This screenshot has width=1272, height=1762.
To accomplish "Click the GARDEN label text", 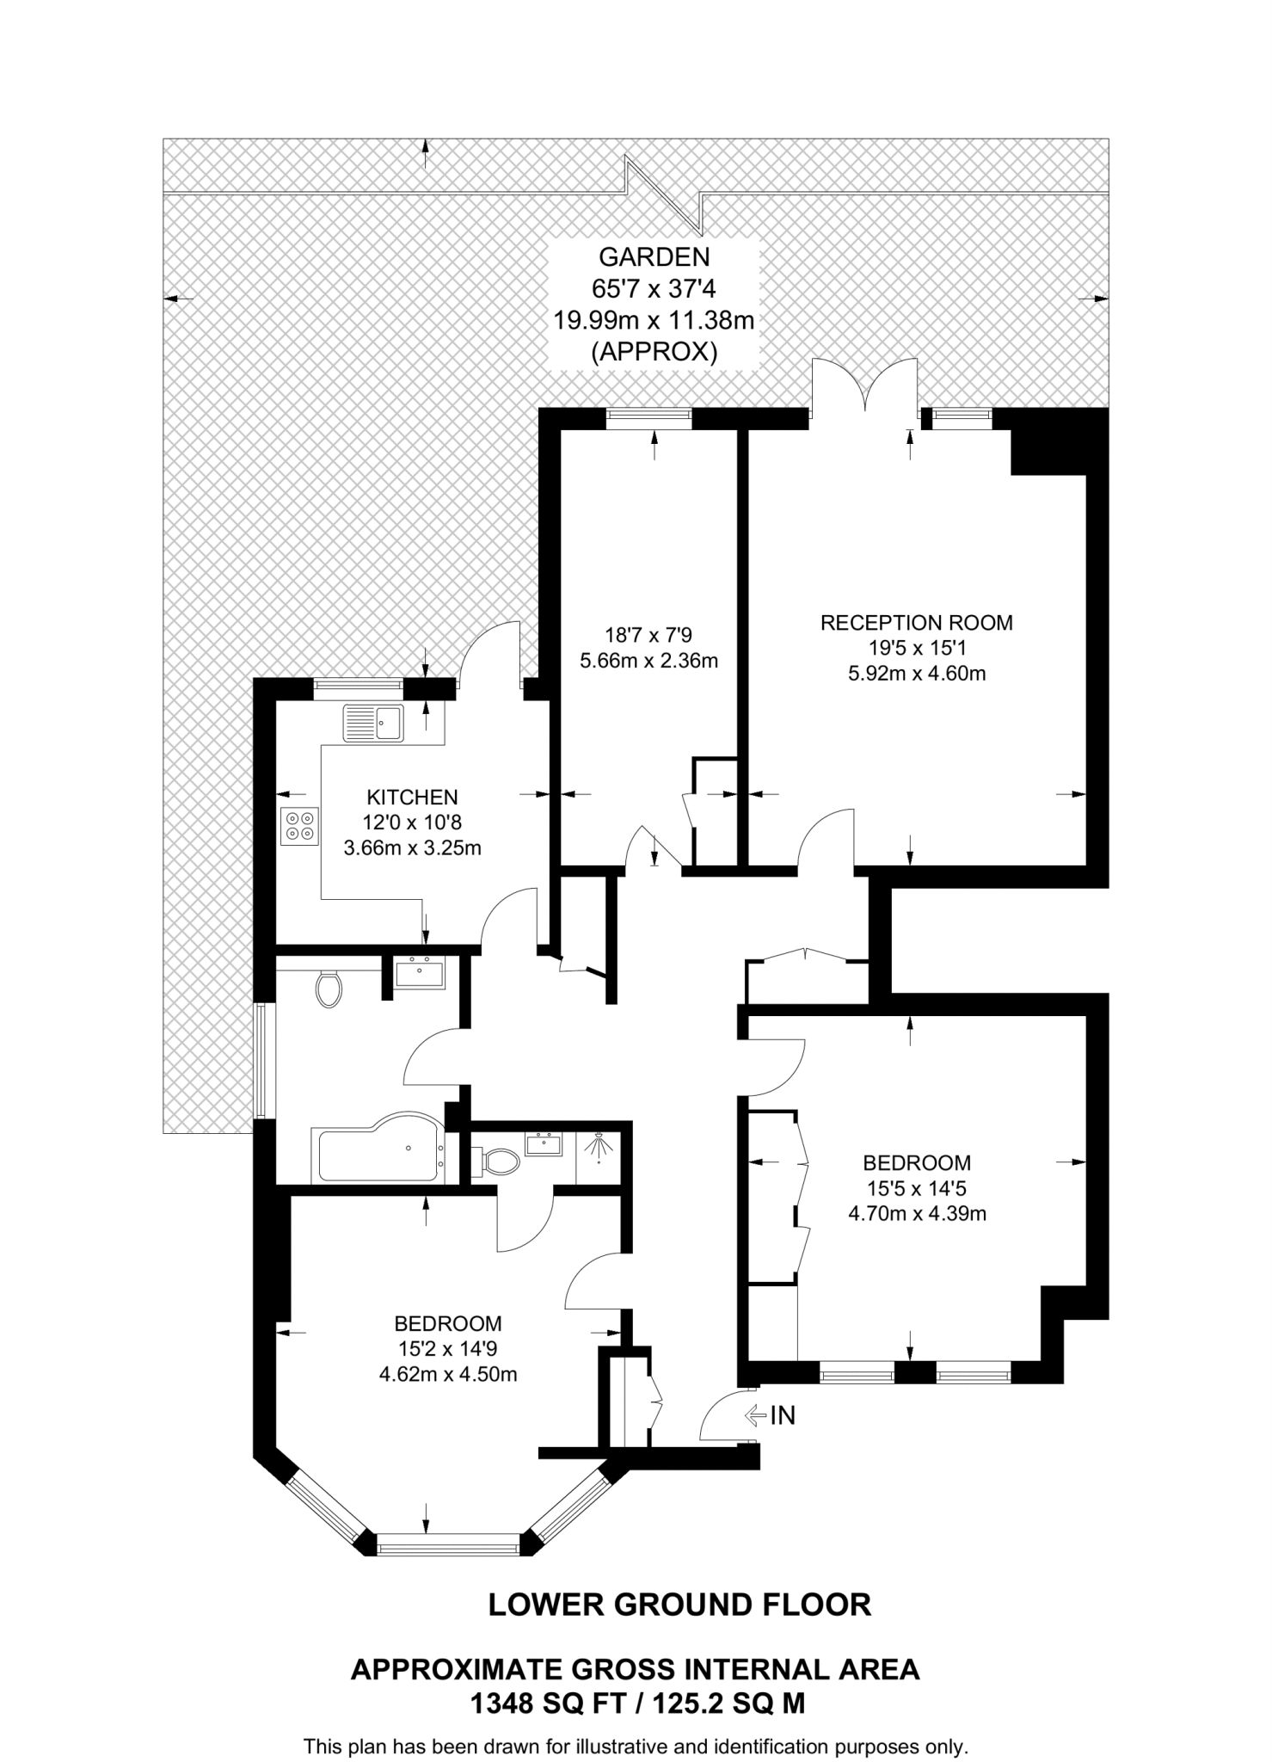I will click(x=654, y=256).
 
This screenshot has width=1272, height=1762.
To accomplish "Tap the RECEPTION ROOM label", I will click(x=916, y=622).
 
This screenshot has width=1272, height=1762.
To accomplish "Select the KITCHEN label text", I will click(x=412, y=797).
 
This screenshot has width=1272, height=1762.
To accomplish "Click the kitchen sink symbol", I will click(x=373, y=723).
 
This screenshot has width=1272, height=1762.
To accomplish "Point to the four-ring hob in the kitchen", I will click(x=299, y=824).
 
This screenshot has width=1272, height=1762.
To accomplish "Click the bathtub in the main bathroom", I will click(x=380, y=1154).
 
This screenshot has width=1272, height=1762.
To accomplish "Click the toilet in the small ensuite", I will click(x=499, y=1163).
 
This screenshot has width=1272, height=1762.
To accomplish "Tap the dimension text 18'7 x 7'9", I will click(x=648, y=635).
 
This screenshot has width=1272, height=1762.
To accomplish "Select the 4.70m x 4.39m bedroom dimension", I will click(x=917, y=1213).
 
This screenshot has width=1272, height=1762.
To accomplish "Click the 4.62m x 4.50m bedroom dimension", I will click(x=448, y=1374).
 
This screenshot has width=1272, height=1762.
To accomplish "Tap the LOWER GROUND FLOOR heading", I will click(x=679, y=1605).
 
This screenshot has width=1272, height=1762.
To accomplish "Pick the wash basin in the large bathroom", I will click(x=420, y=973).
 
